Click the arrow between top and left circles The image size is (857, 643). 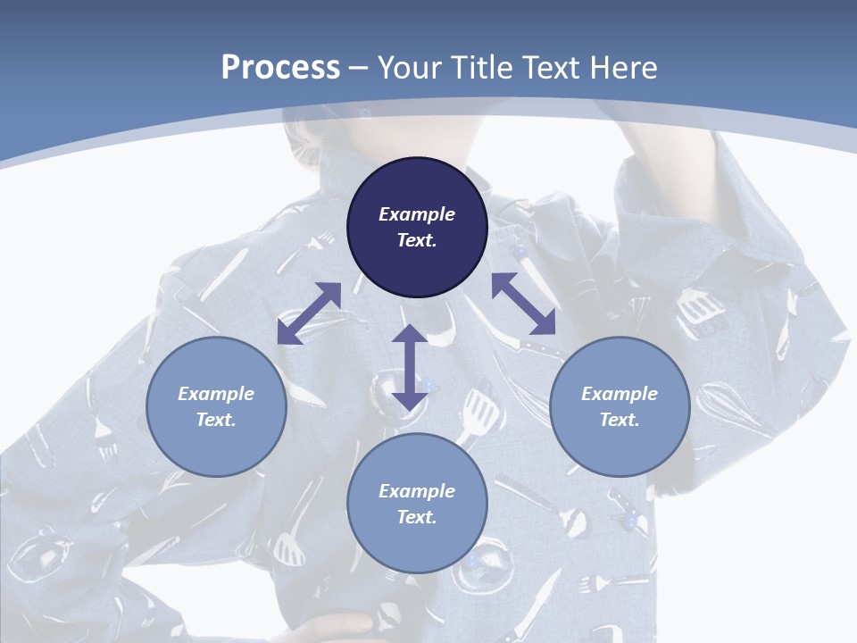pos(309,313)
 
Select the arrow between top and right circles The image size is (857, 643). pos(523,303)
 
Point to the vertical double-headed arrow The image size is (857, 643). pos(409,367)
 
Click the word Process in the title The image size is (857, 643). pos(280,68)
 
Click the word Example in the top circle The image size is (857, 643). pos(417,214)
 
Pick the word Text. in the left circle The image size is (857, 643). pos(216,420)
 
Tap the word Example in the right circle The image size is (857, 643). pos(620,394)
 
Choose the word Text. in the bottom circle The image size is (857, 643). pos(417,517)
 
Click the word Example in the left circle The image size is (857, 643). pos(216,394)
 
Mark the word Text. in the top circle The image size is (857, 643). pos(417,240)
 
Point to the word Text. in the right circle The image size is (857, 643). pos(620,420)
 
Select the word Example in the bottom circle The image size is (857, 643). pos(417,491)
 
